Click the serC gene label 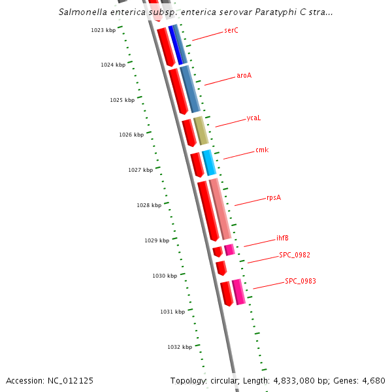[231, 31]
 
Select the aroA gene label [244, 76]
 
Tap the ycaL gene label [253, 118]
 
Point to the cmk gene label [262, 150]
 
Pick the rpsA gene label [274, 198]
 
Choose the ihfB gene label [282, 238]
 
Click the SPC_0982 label [294, 255]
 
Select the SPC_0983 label [300, 282]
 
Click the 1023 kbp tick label [103, 30]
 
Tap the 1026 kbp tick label [131, 135]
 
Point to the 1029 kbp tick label [156, 241]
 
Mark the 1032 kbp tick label [179, 348]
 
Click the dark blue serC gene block [174, 44]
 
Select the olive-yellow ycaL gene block [201, 131]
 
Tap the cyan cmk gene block [208, 163]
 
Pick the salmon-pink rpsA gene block [220, 208]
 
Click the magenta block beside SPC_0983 [238, 292]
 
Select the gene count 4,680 [373, 381]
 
